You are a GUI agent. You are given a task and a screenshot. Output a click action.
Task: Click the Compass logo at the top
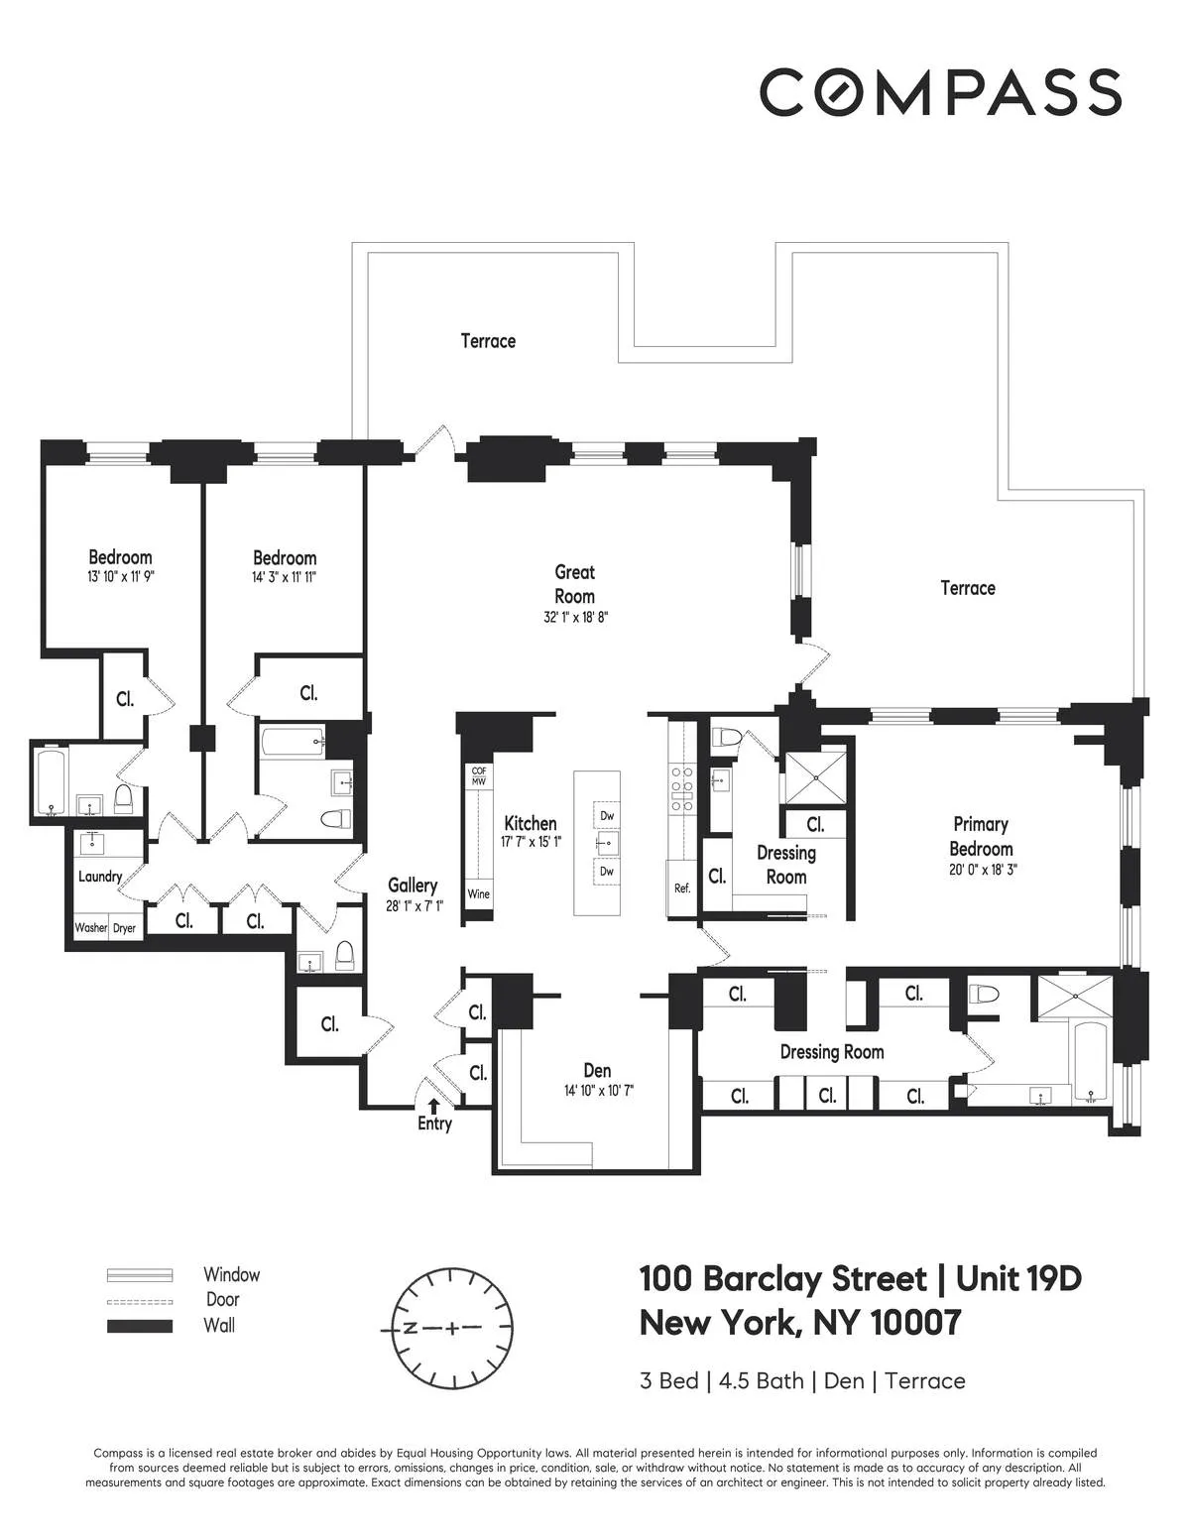point(940,92)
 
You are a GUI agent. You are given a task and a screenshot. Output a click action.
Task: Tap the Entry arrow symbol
point(433,1105)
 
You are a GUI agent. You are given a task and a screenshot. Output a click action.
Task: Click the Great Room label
point(574,584)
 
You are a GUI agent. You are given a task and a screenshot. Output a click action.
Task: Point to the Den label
point(597,1071)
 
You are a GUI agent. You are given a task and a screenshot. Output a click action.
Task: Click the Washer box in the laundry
point(91,928)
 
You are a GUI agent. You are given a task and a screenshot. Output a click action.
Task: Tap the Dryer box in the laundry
point(124,928)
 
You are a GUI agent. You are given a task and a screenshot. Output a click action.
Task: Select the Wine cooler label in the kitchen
point(478,894)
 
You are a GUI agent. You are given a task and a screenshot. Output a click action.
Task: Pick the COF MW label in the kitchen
point(478,776)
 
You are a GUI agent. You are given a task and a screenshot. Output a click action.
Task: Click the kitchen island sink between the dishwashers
point(607,844)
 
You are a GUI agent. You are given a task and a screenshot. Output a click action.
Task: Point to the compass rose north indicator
point(408,1327)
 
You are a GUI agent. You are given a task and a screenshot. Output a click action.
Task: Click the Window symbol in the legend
point(140,1275)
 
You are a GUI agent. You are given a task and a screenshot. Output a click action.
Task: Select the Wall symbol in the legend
point(140,1326)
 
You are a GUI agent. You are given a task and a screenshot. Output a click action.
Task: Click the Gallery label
point(413,886)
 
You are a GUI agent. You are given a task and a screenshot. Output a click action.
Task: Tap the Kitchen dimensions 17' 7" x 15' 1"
point(531,843)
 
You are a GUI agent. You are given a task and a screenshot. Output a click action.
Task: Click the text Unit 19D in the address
point(1017,1279)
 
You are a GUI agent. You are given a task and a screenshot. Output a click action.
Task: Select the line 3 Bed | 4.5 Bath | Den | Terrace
point(802,1380)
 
